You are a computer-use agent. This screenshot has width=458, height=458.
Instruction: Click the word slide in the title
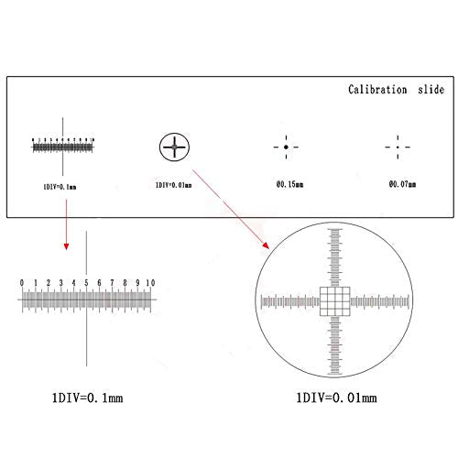click(429, 90)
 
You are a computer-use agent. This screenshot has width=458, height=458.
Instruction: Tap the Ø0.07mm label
click(400, 184)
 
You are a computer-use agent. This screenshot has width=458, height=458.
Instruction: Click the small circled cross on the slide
click(173, 146)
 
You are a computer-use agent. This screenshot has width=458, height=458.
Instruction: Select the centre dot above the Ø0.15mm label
click(287, 147)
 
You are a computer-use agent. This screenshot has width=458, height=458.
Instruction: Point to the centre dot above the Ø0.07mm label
click(398, 147)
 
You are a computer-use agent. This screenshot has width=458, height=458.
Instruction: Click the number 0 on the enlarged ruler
click(21, 283)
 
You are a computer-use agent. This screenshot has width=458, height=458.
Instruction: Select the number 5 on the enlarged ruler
click(86, 283)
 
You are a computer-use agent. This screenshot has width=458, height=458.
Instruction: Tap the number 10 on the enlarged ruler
click(150, 283)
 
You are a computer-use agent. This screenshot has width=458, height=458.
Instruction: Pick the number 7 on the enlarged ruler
click(112, 283)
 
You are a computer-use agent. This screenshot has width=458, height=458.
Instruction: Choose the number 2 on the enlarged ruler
click(47, 283)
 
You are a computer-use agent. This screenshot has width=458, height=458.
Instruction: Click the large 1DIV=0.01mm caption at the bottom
click(335, 398)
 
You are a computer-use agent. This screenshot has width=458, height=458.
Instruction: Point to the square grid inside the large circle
click(334, 300)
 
